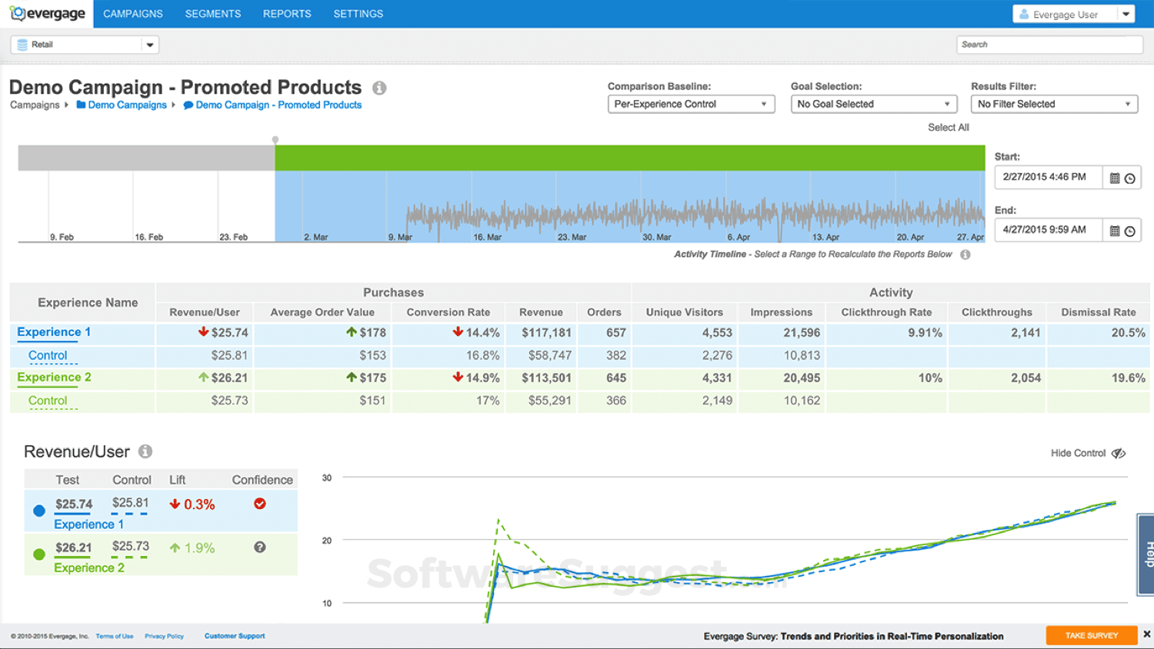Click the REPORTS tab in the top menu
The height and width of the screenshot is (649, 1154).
tap(286, 14)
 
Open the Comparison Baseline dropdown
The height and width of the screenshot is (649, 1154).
tap(690, 104)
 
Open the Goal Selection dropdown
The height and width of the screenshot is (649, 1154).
tap(873, 104)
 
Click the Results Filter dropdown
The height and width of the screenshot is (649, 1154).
tap(1053, 104)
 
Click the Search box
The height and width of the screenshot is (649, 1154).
tap(1049, 45)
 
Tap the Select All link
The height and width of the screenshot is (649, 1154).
tap(948, 128)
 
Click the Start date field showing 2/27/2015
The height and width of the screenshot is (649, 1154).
tap(1047, 177)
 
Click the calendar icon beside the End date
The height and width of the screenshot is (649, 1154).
tap(1115, 231)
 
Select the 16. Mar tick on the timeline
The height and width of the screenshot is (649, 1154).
tap(487, 237)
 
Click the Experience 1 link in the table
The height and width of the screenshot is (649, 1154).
tap(54, 332)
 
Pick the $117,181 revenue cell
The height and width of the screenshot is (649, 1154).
tap(546, 333)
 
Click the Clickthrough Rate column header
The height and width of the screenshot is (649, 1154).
tap(886, 312)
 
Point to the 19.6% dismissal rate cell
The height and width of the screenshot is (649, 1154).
tap(1128, 378)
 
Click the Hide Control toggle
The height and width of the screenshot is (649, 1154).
tap(1088, 454)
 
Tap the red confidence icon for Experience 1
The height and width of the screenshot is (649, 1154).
tap(260, 504)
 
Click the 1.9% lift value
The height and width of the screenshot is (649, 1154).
tap(199, 548)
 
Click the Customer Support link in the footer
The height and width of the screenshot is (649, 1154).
tap(235, 636)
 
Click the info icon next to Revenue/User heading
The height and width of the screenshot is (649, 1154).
tap(145, 452)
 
